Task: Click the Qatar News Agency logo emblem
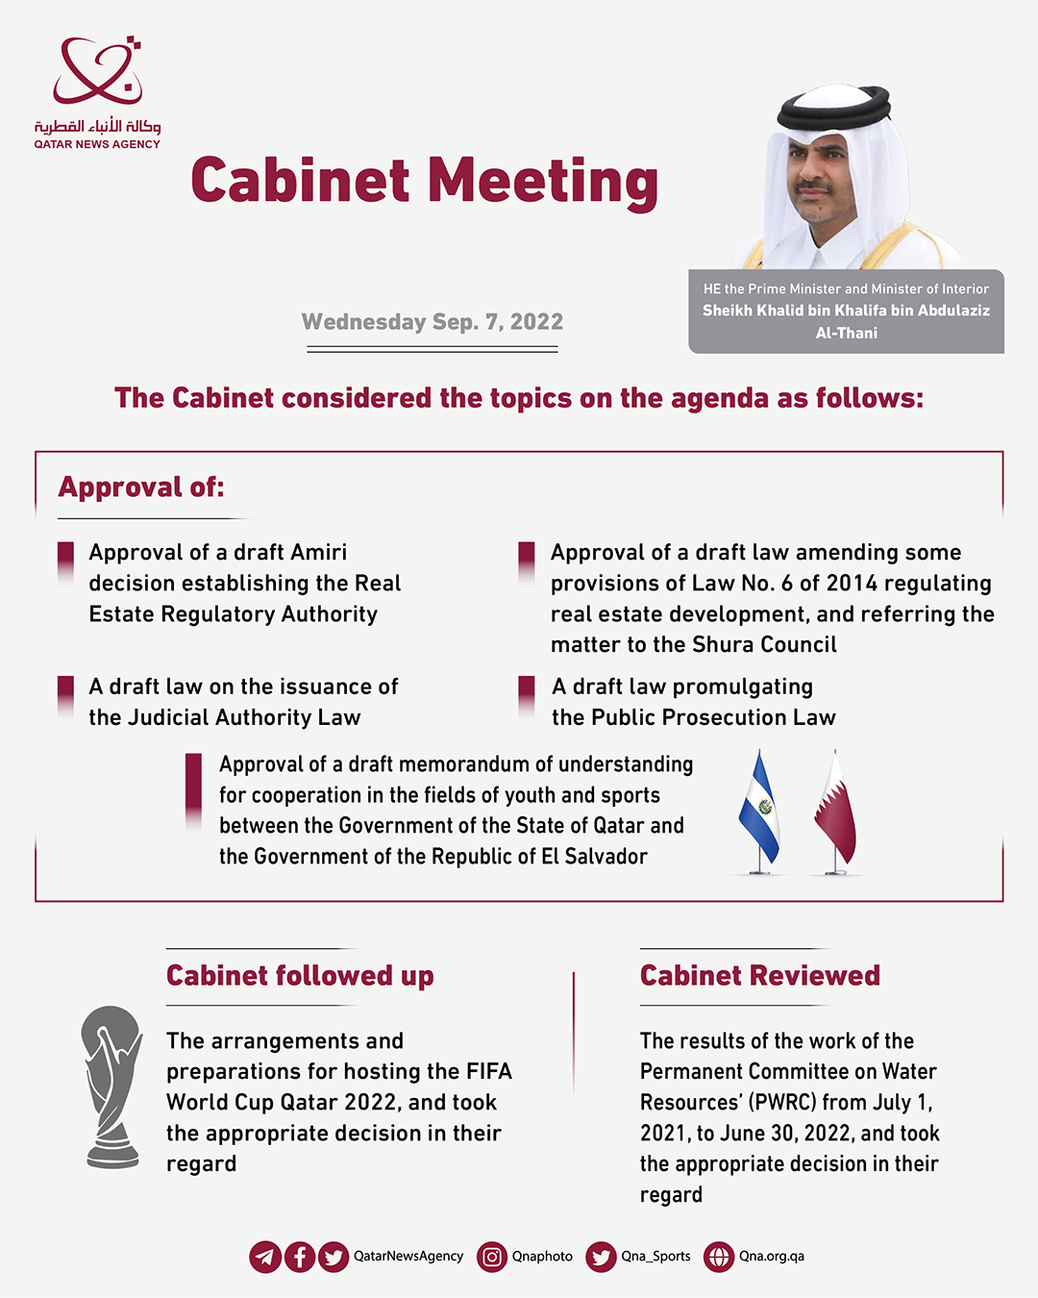click(97, 72)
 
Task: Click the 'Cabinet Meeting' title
click(424, 181)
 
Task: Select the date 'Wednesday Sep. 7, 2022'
click(432, 322)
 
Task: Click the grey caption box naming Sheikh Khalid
click(846, 312)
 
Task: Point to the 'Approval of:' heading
click(141, 487)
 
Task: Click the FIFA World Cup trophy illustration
click(112, 1086)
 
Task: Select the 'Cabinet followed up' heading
click(300, 976)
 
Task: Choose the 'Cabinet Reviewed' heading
click(760, 976)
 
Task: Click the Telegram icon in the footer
click(265, 1257)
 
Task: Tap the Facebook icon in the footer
click(300, 1257)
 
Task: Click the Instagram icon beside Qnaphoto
click(492, 1257)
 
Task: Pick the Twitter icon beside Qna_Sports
click(602, 1257)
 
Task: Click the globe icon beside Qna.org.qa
click(719, 1257)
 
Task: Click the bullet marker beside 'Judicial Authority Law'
click(66, 696)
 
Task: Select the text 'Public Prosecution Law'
click(713, 718)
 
